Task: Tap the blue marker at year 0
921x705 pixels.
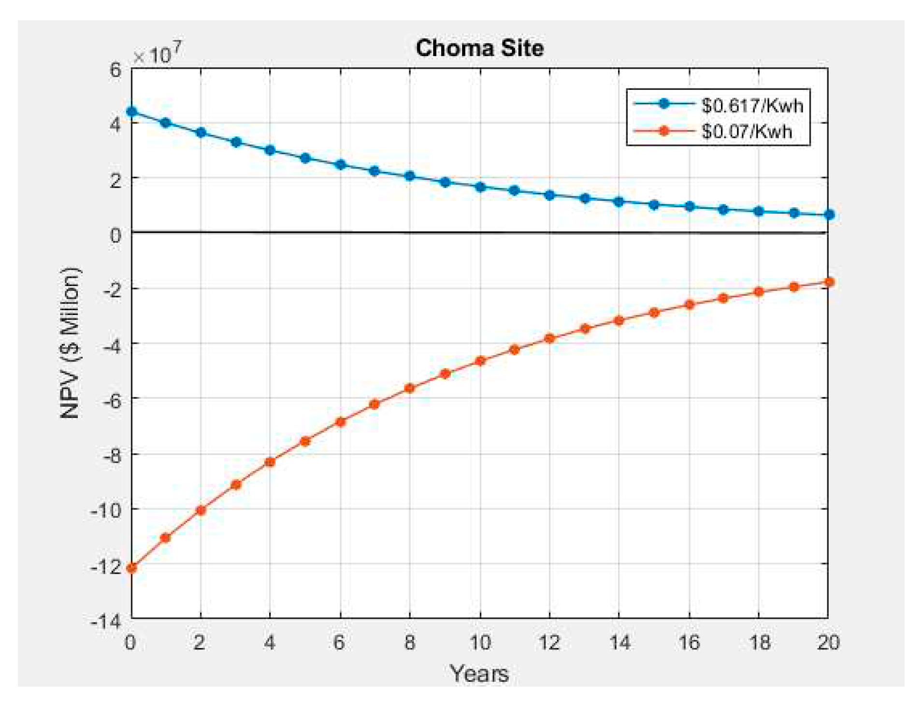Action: tap(131, 112)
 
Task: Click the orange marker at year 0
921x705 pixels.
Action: tap(131, 568)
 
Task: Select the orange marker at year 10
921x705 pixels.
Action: tap(480, 360)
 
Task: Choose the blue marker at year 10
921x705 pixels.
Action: tap(480, 187)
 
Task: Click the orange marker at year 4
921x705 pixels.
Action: tap(270, 462)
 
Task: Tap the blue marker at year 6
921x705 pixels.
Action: tap(340, 164)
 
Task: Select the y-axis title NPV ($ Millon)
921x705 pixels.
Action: tap(71, 343)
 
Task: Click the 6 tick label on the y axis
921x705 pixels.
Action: tap(115, 70)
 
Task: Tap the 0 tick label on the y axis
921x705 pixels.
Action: tap(115, 235)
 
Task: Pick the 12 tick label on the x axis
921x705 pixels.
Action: tap(549, 642)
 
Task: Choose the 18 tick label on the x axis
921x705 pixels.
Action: tap(759, 642)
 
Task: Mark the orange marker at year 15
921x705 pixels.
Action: tap(654, 312)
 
